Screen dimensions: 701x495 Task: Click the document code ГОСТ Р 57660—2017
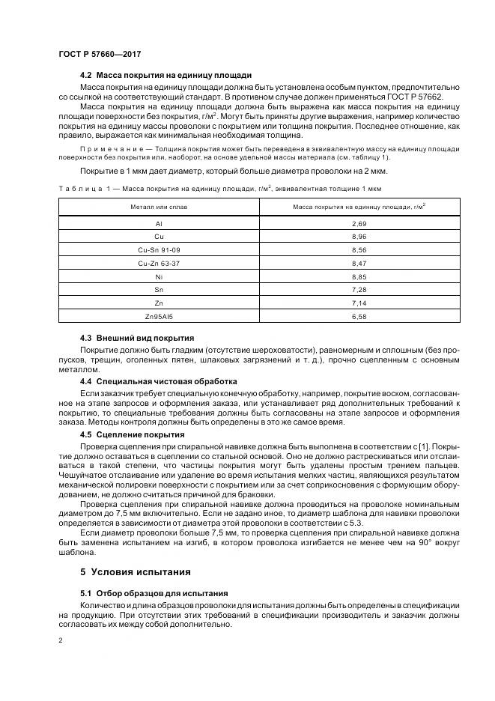[x=100, y=55]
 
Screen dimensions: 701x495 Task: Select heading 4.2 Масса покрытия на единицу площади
[x=165, y=76]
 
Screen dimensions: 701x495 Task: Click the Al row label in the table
[x=159, y=224]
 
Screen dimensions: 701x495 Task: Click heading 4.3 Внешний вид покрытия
[x=137, y=338]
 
